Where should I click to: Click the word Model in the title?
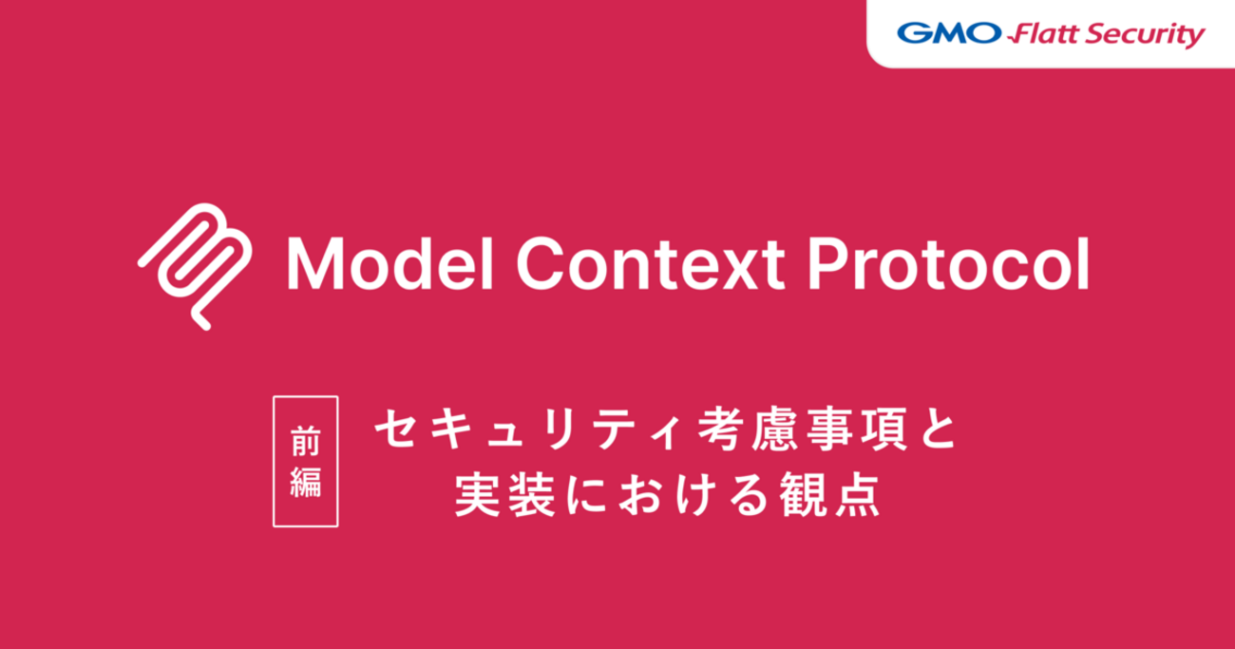(x=390, y=263)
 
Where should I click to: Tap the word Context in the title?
(x=651, y=263)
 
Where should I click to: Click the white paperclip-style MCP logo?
(x=195, y=267)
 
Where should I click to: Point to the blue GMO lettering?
(x=949, y=33)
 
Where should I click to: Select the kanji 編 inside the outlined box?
(x=306, y=482)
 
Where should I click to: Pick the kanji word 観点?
(x=829, y=495)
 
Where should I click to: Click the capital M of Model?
(x=315, y=263)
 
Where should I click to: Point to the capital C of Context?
(x=540, y=263)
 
